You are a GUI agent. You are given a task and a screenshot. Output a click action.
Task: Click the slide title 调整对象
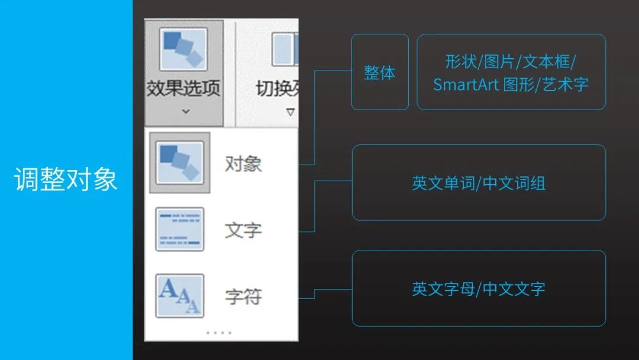click(66, 179)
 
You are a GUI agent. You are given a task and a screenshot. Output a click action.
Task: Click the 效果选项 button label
click(183, 89)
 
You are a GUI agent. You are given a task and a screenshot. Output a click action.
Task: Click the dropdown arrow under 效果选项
click(185, 111)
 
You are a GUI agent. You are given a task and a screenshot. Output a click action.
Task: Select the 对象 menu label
click(243, 163)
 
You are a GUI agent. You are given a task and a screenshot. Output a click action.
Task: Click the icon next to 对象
click(180, 162)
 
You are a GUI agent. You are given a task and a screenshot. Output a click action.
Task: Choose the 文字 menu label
click(243, 230)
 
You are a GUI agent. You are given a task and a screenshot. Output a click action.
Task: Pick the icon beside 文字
click(180, 229)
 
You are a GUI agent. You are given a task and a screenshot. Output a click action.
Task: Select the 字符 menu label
click(243, 296)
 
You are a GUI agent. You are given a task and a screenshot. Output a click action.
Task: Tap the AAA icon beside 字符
click(180, 295)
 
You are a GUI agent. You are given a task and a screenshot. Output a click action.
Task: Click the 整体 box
click(380, 72)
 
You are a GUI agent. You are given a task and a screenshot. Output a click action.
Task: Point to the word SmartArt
click(466, 84)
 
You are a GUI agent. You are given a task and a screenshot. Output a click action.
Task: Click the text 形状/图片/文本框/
click(511, 61)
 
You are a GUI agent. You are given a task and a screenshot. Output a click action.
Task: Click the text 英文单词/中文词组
click(479, 183)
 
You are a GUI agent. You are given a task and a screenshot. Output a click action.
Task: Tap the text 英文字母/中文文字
click(479, 289)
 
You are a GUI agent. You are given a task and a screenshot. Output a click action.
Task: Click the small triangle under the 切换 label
click(291, 111)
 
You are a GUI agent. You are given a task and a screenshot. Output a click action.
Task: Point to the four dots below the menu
click(219, 333)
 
